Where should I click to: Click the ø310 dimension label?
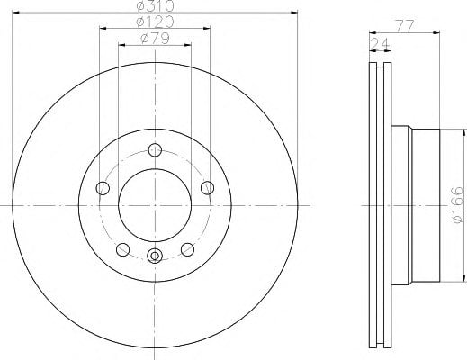pos(155,5)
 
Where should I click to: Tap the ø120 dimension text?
pos(155,22)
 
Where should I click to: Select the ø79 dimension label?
pos(155,38)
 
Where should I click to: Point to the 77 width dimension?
pos(405,26)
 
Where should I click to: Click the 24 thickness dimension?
pos(380,44)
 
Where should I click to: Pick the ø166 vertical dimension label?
pos(458,205)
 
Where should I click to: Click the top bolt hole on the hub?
pos(155,150)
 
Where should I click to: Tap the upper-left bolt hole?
pos(103,188)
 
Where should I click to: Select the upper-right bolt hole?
pos(207,188)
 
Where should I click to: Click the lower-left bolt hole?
pos(122,249)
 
